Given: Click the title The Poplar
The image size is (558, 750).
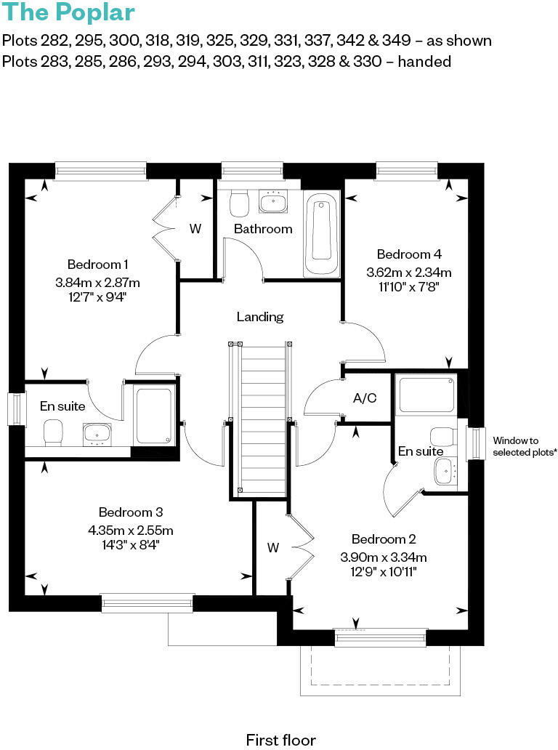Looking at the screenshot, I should [68, 14].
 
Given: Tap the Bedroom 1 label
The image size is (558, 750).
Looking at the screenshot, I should [98, 264].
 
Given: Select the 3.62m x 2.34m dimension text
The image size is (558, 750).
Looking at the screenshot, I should [409, 273].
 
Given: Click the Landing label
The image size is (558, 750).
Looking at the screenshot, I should [260, 317].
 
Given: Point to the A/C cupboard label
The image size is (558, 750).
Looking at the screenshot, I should [363, 398].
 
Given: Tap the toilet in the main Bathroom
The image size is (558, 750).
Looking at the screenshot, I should [238, 203].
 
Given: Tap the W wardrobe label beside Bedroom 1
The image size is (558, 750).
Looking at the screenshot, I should [195, 229].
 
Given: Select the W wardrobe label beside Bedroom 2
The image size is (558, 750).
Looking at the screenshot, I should [273, 548].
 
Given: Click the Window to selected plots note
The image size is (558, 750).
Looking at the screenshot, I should [525, 446].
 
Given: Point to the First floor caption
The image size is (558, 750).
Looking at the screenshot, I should [280, 740].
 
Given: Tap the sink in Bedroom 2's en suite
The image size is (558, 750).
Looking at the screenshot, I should [444, 472].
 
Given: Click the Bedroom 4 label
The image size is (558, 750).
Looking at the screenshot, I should [409, 254].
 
